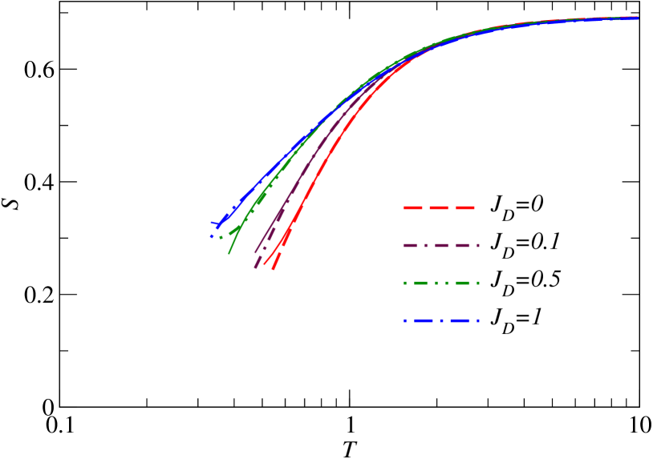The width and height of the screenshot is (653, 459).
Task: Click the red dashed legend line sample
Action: click(x=439, y=208)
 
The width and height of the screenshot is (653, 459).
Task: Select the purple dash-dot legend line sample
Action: click(x=441, y=246)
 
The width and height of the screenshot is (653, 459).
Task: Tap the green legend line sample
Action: click(x=441, y=284)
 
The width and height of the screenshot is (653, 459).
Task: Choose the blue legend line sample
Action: click(x=441, y=321)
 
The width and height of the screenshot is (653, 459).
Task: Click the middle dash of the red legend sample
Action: click(x=439, y=208)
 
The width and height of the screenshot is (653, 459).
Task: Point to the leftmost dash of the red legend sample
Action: click(x=412, y=208)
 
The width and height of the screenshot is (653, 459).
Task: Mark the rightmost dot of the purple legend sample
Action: click(x=478, y=246)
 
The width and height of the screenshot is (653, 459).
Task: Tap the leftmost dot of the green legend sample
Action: click(x=405, y=284)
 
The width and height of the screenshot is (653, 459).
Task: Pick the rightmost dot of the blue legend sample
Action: click(x=477, y=321)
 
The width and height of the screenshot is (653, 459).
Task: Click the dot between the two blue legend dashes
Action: click(x=441, y=321)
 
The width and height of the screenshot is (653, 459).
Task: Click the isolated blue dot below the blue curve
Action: click(x=212, y=236)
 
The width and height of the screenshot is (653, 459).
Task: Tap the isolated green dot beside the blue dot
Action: click(x=221, y=237)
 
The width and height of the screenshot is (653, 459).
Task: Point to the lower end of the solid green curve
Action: click(x=229, y=253)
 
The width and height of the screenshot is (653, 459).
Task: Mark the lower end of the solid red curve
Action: click(x=265, y=264)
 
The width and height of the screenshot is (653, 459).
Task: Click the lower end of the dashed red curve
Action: click(x=274, y=269)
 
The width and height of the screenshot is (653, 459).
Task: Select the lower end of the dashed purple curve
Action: click(x=256, y=268)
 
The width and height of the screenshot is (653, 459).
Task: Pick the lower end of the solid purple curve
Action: click(x=255, y=253)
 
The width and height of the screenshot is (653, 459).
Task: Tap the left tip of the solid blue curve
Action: click(x=211, y=223)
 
